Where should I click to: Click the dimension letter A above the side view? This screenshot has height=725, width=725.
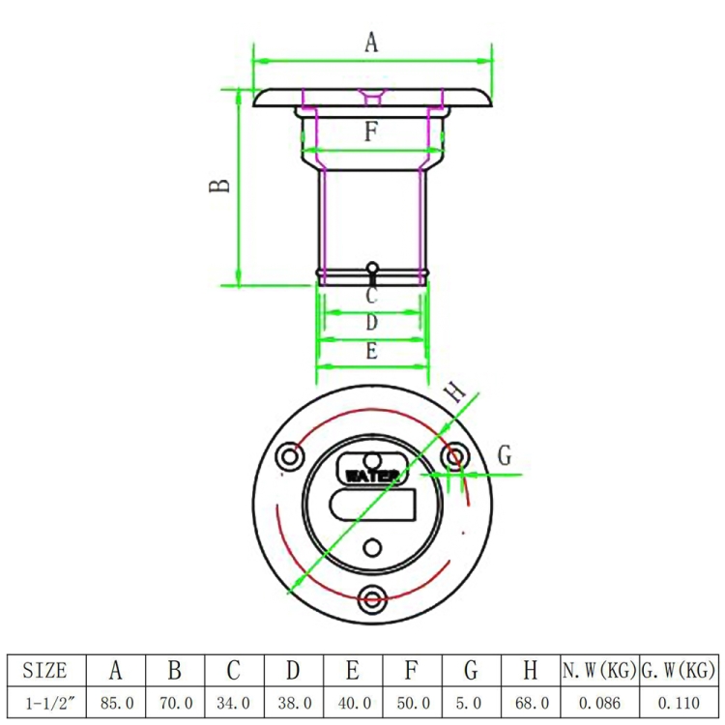point(371,43)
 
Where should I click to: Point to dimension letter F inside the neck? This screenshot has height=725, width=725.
point(371,131)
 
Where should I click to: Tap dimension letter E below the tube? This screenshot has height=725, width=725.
point(372,351)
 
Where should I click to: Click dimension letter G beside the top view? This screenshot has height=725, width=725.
point(505,455)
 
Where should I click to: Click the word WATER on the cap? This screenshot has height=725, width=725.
point(372,476)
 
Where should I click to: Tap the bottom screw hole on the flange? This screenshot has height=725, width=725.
point(372,599)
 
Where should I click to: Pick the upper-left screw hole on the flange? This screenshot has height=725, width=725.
point(290,457)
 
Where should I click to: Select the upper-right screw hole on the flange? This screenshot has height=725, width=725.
point(455,457)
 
